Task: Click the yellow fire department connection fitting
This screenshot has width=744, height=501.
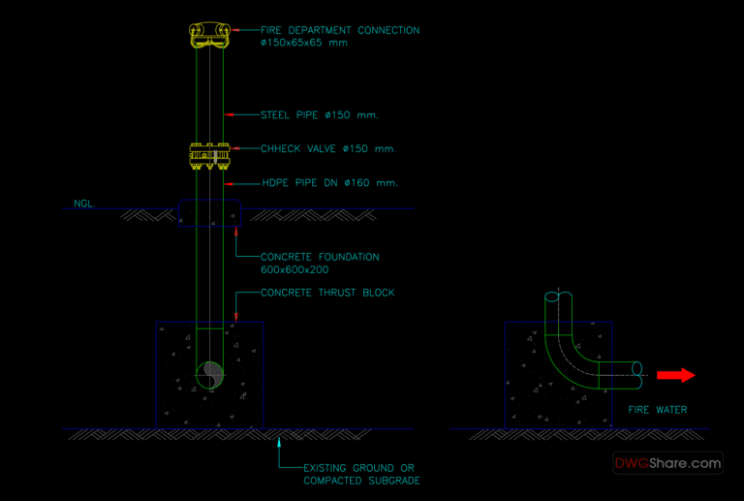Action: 210,34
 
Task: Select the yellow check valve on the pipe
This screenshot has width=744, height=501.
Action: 210,154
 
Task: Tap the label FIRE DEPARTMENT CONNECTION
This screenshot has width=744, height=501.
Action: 339,30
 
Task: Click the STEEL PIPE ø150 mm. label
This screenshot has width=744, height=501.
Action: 319,115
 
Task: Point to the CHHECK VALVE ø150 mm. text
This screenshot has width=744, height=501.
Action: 327,149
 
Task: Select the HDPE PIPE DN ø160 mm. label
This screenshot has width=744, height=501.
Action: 329,182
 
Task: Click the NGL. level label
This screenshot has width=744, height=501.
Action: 83,204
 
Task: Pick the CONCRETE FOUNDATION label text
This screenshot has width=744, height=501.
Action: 320,257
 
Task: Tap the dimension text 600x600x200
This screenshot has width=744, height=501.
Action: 294,269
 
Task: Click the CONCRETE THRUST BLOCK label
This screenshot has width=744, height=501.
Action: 327,293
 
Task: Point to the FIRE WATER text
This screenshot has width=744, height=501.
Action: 658,410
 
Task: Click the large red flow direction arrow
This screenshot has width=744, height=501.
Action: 675,374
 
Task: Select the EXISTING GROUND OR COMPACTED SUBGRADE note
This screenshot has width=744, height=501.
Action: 361,474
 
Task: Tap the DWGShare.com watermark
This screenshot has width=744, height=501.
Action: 667,463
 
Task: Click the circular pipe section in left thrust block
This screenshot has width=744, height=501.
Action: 210,373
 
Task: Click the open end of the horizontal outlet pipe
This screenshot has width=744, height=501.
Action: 636,369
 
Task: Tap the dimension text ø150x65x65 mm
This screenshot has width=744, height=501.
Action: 304,44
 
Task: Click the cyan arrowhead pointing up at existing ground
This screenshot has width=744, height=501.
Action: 279,442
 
